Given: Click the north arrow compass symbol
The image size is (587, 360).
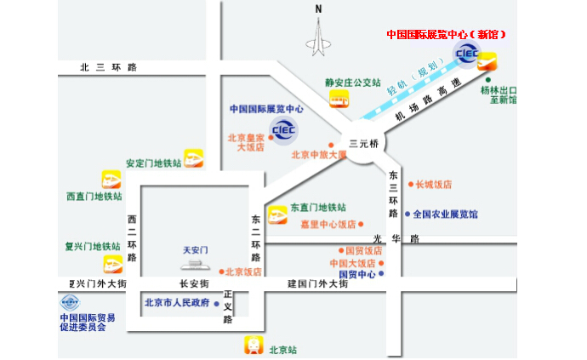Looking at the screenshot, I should tap(319, 34).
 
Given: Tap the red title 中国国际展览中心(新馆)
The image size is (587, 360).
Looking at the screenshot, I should tap(447, 35).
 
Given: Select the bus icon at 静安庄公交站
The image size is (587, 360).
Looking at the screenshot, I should tap(339, 100).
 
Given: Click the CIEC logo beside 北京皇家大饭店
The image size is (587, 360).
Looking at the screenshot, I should tap(282, 129).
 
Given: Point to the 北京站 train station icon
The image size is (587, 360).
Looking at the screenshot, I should tap(254, 346).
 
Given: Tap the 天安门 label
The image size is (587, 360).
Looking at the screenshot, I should tap(196, 250).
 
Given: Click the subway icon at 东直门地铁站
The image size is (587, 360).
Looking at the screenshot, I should tap(277, 214).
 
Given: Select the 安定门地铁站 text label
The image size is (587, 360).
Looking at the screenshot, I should tap(153, 163).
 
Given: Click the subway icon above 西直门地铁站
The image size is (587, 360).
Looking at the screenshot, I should tap(111, 180).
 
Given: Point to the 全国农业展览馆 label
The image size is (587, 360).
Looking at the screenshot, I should tap(446, 214).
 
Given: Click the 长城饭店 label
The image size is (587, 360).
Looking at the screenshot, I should tap(433, 184).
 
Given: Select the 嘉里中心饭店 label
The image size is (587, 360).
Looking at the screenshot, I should tap(328, 225).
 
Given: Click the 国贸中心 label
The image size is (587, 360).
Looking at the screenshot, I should tap(357, 275).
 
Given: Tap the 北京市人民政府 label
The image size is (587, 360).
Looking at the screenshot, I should tap(177, 302).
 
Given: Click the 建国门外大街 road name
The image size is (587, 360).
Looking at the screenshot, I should tap(317, 284).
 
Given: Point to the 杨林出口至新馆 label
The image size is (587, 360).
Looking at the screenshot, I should tap(498, 94).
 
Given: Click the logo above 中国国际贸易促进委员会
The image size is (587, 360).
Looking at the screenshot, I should tap(70, 303).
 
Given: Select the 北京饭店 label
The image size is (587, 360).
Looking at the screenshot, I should tap(244, 272).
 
